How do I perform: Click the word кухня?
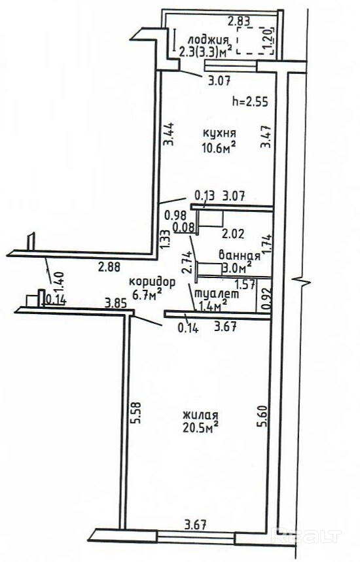(x=219, y=133)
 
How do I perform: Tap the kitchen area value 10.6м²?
(x=219, y=147)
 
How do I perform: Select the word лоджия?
(x=208, y=41)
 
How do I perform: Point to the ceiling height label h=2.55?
(x=250, y=102)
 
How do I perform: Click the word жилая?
(x=200, y=415)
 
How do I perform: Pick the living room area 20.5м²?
(x=200, y=429)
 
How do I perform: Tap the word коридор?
(x=152, y=283)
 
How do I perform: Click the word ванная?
(x=239, y=256)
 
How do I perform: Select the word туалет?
(x=216, y=294)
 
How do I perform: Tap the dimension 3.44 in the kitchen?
(x=169, y=134)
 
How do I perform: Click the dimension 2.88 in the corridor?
(x=109, y=267)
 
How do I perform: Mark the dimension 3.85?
(x=116, y=304)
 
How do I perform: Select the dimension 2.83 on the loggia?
(x=239, y=22)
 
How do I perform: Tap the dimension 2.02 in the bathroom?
(x=233, y=234)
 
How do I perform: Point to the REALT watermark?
(x=306, y=536)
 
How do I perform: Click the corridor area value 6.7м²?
(x=147, y=295)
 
